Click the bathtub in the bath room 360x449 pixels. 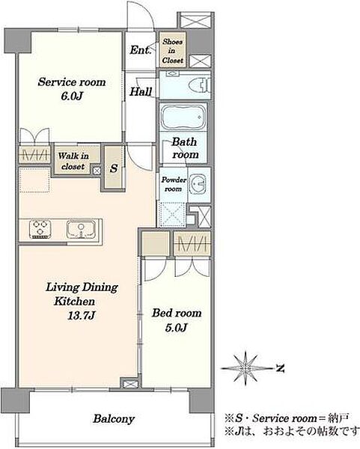click(183, 117)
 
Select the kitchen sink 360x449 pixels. click(81, 230)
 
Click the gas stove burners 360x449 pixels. click(40, 229)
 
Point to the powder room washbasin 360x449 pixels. click(198, 183)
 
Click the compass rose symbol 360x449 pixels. click(245, 367)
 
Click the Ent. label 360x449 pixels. click(140, 50)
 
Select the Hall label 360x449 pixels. click(141, 91)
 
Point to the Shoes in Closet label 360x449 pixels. click(172, 51)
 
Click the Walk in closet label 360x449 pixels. click(73, 161)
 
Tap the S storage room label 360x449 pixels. click(114, 168)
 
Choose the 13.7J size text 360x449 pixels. click(82, 316)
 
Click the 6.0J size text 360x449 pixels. click(72, 97)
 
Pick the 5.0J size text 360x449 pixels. click(176, 327)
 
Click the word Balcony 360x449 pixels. click(114, 419)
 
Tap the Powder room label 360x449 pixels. click(174, 184)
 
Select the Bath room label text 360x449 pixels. click(185, 148)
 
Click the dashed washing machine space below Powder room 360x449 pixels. click(172, 214)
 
